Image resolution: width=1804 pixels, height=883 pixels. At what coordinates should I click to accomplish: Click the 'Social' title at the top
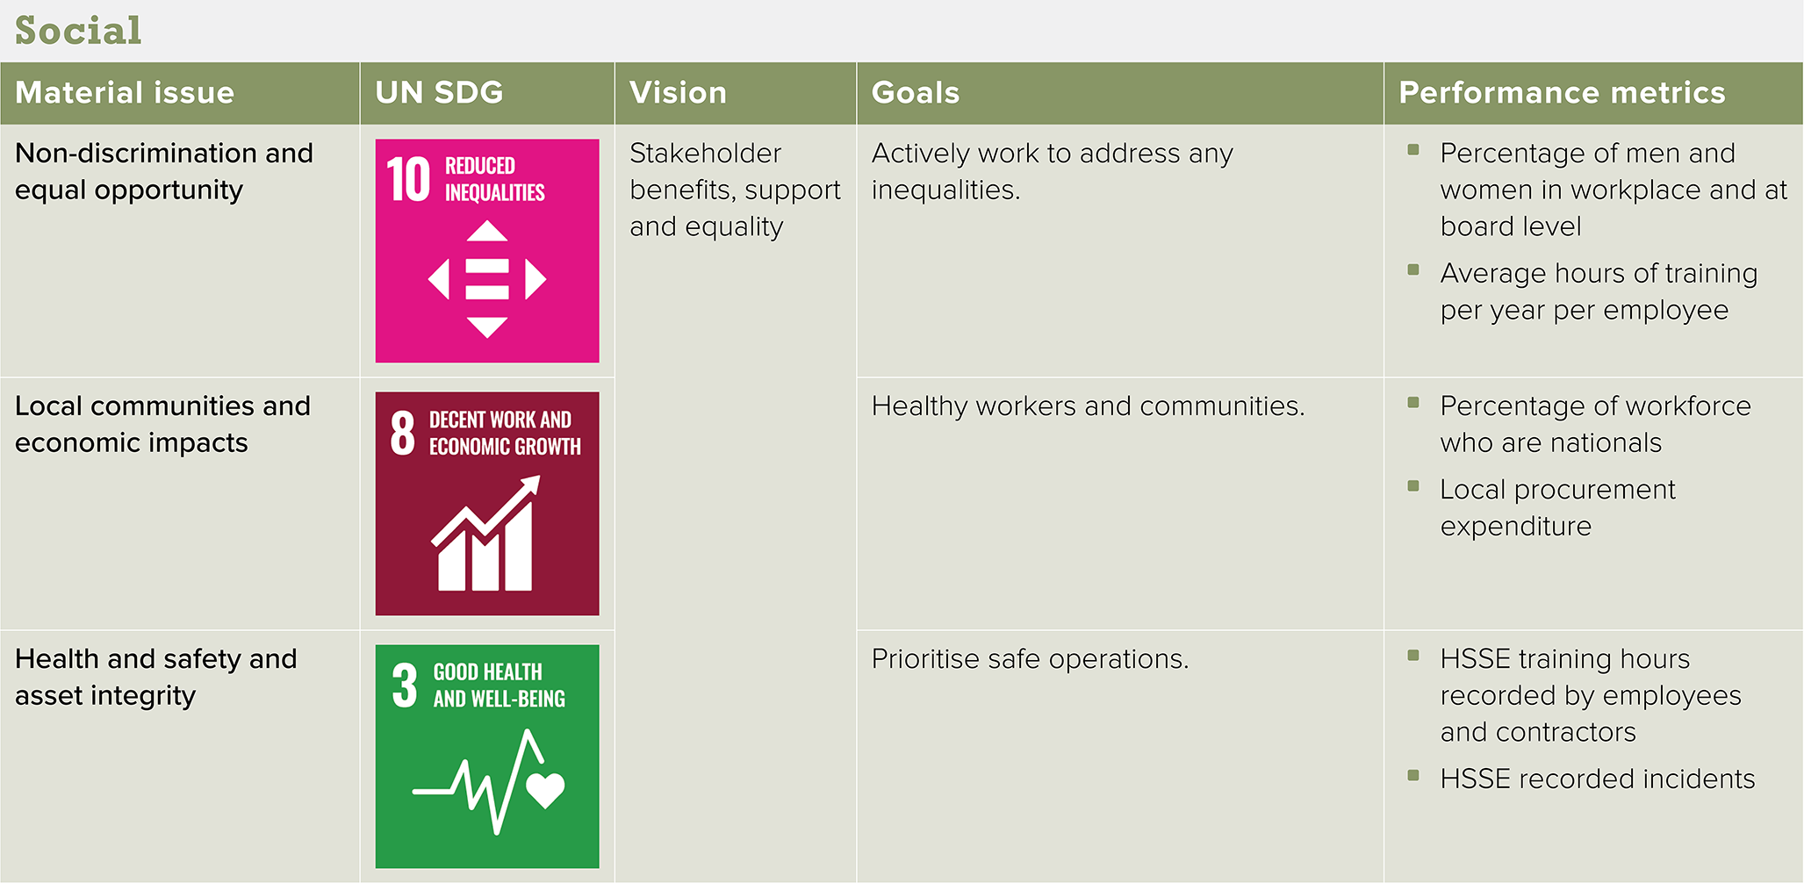[x=78, y=31]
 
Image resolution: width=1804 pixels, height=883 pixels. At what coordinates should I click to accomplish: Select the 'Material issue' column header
[x=125, y=93]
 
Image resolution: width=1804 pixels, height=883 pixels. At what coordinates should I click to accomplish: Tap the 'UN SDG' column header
[x=439, y=93]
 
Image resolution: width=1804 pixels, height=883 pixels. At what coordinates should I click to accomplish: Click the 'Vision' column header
[x=678, y=93]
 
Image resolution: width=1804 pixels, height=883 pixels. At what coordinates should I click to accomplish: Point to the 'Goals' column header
[x=916, y=93]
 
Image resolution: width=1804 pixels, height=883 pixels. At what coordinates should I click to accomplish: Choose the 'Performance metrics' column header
[x=1562, y=93]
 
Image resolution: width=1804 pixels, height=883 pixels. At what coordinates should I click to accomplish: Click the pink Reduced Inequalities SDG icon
[x=487, y=251]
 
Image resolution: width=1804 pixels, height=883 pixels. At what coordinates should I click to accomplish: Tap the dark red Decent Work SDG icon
[x=487, y=504]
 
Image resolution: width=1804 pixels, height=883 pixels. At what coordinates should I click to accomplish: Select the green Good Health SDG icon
[x=487, y=757]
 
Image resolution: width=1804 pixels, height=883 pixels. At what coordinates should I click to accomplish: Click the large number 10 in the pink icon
[x=409, y=180]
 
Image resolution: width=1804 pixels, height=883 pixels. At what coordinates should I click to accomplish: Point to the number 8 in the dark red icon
[x=403, y=433]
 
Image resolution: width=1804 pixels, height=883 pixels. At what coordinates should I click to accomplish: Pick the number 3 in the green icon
[x=405, y=686]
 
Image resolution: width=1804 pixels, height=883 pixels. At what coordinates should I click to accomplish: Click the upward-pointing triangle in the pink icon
[x=487, y=231]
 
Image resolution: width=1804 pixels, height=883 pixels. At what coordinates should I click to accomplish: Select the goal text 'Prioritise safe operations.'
[x=1030, y=659]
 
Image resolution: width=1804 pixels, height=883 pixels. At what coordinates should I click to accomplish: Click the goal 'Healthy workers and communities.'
[x=1088, y=406]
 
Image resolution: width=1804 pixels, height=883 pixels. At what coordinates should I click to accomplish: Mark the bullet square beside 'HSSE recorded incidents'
[x=1413, y=775]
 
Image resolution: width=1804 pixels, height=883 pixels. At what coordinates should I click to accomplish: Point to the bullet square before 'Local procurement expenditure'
[x=1413, y=485]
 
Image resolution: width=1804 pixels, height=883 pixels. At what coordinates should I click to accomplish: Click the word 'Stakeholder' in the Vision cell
[x=705, y=154]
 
